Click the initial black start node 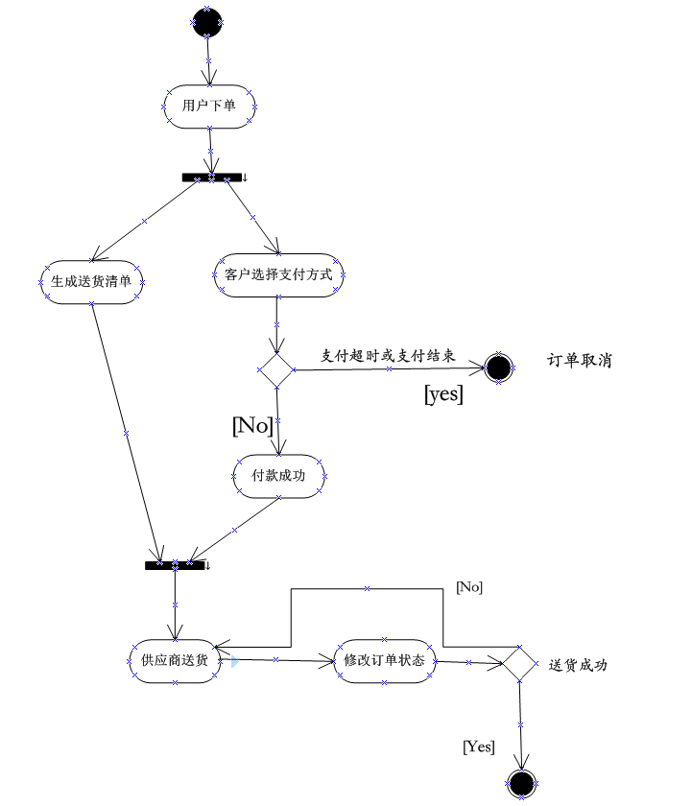[x=207, y=22]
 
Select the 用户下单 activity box [x=208, y=106]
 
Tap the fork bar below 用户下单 [x=211, y=178]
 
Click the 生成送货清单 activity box [x=91, y=282]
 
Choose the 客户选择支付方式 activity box [x=277, y=275]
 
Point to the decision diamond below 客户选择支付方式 [x=276, y=369]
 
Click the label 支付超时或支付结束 [x=388, y=355]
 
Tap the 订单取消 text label [x=579, y=361]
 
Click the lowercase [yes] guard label [x=443, y=393]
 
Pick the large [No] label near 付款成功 [x=252, y=426]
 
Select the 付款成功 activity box [x=278, y=476]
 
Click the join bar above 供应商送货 [x=176, y=565]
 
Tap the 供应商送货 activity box [x=174, y=660]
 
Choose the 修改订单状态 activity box [x=384, y=660]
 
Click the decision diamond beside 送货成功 [x=519, y=663]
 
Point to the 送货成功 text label [x=578, y=665]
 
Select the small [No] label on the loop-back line [x=469, y=587]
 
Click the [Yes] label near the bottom [x=479, y=746]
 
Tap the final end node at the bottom [x=521, y=784]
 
